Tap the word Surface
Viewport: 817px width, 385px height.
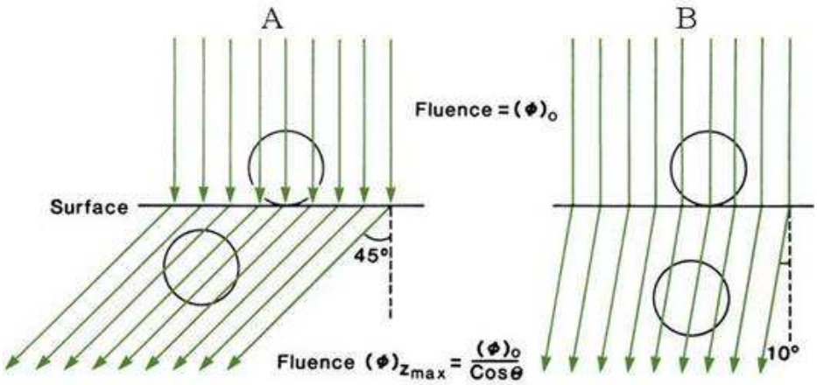tap(88, 206)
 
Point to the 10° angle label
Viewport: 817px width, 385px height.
tap(784, 353)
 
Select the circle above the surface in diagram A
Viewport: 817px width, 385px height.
tap(249, 167)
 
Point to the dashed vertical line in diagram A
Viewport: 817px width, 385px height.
tap(391, 262)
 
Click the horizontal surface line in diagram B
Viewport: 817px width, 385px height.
tap(683, 206)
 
